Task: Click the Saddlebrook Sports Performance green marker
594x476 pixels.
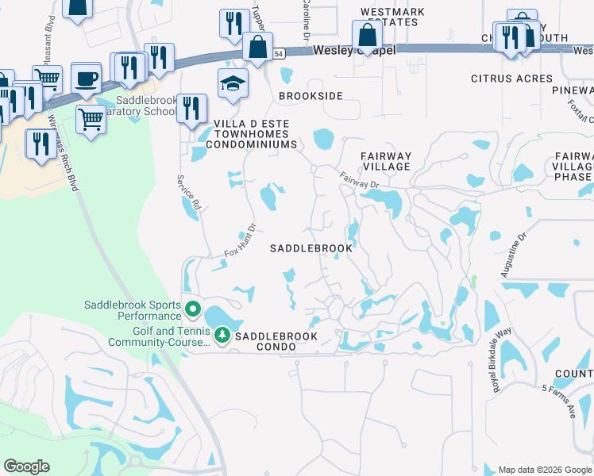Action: pyautogui.click(x=192, y=308)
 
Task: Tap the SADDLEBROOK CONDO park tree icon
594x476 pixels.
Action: pyautogui.click(x=222, y=336)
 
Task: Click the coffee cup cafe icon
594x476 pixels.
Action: pyautogui.click(x=86, y=79)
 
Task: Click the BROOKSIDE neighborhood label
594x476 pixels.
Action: pyautogui.click(x=310, y=96)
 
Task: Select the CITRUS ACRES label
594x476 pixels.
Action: pyautogui.click(x=511, y=79)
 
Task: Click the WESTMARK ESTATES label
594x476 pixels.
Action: pyautogui.click(x=392, y=17)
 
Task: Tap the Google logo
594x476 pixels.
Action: pyautogui.click(x=27, y=466)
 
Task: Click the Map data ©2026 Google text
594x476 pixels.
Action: pyautogui.click(x=544, y=469)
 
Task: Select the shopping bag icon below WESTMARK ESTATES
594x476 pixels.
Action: pyautogui.click(x=367, y=34)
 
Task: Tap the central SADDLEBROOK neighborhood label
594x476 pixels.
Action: pyautogui.click(x=310, y=248)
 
